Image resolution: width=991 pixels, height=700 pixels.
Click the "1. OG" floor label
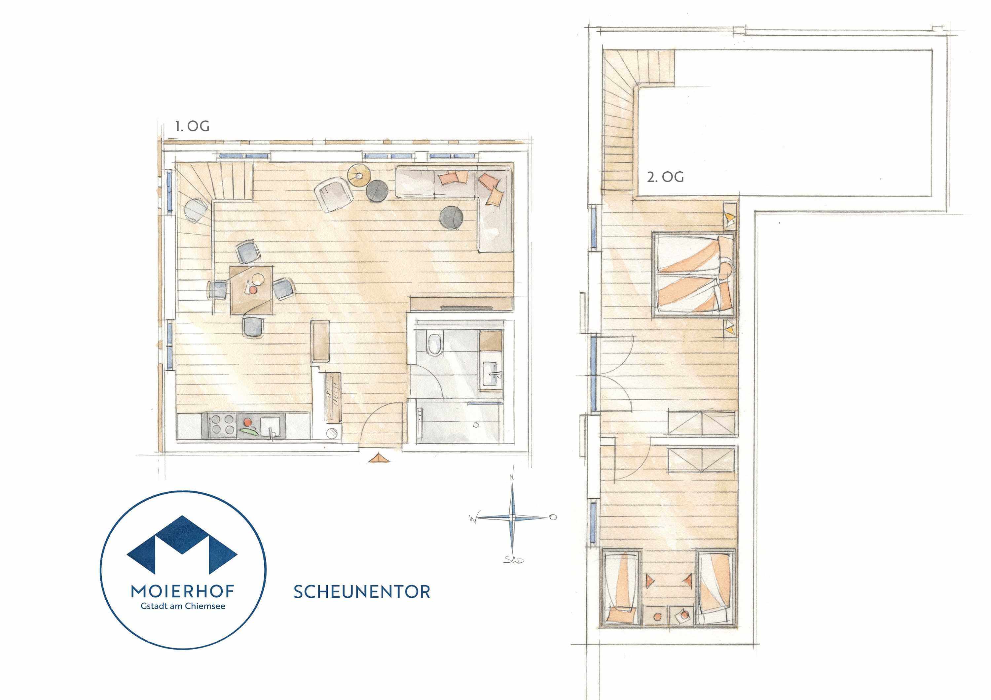tap(192, 126)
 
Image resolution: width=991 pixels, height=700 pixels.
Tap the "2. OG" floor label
tap(665, 177)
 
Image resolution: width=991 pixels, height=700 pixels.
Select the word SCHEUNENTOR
tap(362, 592)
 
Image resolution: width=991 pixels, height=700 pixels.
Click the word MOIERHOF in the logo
tap(183, 591)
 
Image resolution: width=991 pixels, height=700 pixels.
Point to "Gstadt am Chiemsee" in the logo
tap(183, 606)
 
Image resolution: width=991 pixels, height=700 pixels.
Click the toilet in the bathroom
tap(433, 343)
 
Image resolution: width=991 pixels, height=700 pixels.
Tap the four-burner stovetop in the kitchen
tap(224, 424)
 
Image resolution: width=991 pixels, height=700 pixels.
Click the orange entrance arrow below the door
tap(379, 458)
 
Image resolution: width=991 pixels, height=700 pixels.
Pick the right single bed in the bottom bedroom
tap(716, 586)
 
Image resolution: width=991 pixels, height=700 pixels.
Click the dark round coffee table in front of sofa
tap(452, 217)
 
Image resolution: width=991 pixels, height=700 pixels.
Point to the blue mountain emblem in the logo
tap(182, 544)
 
